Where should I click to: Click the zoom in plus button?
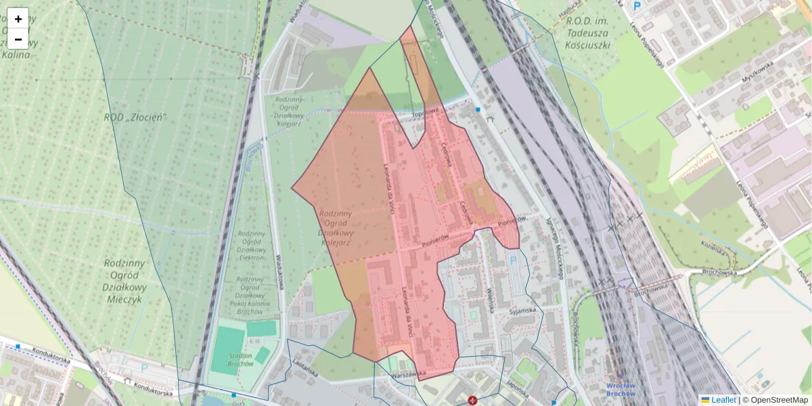pos(18,18)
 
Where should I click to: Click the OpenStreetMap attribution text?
pos(778,400)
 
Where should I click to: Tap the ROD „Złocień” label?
pos(135,117)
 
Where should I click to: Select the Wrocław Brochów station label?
pos(621,389)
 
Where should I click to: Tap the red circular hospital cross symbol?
pos(472,401)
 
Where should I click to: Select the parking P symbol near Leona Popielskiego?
pos(636,5)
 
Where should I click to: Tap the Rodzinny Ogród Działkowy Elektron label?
pos(251,245)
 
